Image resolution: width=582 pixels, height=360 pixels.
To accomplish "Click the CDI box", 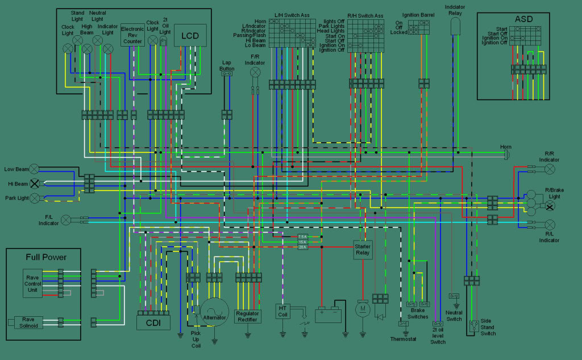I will [153, 323].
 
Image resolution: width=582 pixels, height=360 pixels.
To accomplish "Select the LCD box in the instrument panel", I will [190, 35].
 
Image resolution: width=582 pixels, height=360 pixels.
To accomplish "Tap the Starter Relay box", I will [363, 250].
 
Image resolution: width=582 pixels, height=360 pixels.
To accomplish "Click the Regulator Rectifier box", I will [247, 317].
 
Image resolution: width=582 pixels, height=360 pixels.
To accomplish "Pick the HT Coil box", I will [282, 311].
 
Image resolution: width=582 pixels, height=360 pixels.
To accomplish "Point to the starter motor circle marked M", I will [363, 309].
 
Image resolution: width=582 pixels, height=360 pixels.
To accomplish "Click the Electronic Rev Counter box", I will [132, 35].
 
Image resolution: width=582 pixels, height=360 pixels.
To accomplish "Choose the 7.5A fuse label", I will [302, 236].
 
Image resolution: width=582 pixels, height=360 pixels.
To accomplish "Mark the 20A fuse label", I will [302, 247].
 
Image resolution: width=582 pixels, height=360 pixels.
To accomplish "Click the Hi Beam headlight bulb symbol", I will [34, 183].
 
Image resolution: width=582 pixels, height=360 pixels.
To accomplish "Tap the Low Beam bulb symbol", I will [34, 169].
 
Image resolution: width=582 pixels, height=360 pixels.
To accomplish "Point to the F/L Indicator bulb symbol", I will [66, 219].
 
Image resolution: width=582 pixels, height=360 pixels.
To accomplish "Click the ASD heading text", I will [523, 19].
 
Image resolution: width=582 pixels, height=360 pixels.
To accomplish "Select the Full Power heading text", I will [46, 257].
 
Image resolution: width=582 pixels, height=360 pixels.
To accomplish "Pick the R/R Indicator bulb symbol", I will [550, 168].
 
